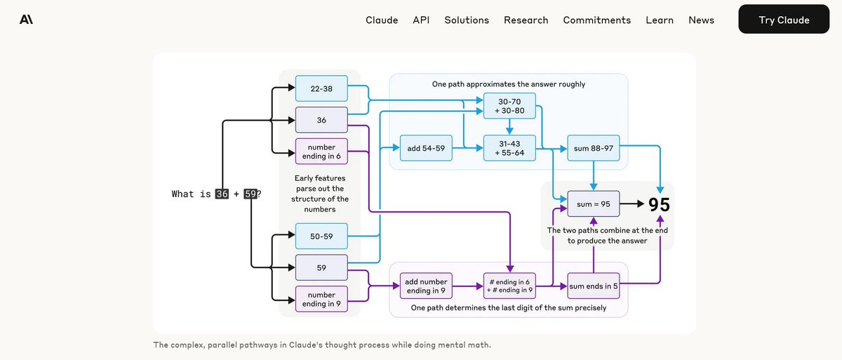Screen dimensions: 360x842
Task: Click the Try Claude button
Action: [x=784, y=20]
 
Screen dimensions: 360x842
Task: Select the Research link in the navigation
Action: [x=526, y=20]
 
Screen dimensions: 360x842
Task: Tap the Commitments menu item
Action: [x=596, y=20]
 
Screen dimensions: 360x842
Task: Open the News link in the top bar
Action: [x=701, y=20]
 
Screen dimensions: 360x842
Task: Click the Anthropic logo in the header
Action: [x=27, y=20]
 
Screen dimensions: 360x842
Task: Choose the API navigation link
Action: [x=421, y=20]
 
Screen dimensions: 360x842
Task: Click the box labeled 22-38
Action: [x=321, y=88]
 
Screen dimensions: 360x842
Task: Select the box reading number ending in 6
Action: [x=321, y=151]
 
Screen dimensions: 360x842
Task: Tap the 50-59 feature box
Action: [x=321, y=236]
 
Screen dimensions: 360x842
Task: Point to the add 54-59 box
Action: [x=426, y=148]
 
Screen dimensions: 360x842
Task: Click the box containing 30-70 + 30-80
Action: [x=509, y=106]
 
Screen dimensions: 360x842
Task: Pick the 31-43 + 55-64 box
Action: [x=509, y=148]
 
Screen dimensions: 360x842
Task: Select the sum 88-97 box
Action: [x=594, y=148]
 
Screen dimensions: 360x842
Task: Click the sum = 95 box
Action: [x=594, y=204]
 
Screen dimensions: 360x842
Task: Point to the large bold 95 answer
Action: [x=659, y=204]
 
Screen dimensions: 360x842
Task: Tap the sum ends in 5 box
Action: [x=594, y=286]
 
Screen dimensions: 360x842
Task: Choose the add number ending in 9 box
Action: [x=426, y=286]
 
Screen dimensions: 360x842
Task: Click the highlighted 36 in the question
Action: [x=222, y=194]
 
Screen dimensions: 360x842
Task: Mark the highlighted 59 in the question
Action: [x=250, y=194]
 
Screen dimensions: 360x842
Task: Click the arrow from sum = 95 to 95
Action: [x=631, y=204]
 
